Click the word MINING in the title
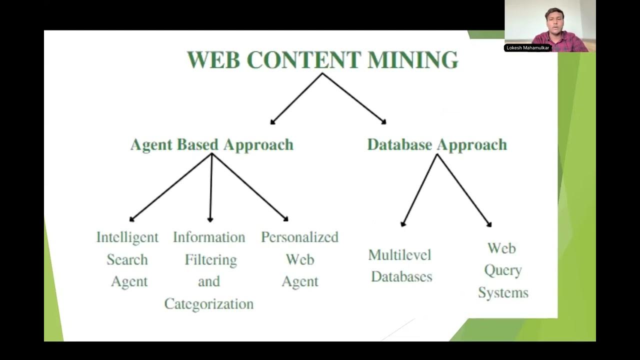[412, 60]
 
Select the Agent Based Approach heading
[211, 144]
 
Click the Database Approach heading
[437, 144]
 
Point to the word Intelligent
[127, 237]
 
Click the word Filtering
[210, 259]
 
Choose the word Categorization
[209, 303]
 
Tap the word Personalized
[299, 237]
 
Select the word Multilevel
[399, 255]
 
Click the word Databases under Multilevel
[401, 276]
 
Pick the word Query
[502, 270]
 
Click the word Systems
[503, 292]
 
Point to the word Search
[127, 259]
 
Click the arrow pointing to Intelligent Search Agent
[170, 187]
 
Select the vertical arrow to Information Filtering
[210, 187]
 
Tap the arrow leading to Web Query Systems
[464, 190]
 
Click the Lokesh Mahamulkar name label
[528, 48]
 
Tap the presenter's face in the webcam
[553, 21]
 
